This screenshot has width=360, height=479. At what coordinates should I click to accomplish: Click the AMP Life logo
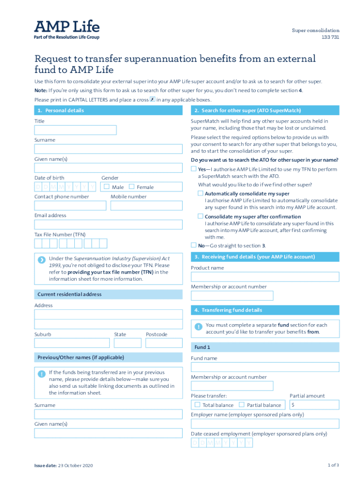[66, 29]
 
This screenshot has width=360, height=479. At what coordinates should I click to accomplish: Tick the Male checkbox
[106, 187]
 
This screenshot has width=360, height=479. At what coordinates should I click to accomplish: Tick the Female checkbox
[131, 187]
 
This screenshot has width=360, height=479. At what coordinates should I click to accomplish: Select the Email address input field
[108, 225]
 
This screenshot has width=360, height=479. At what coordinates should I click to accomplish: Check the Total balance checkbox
[197, 405]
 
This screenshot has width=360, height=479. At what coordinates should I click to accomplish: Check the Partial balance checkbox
[242, 405]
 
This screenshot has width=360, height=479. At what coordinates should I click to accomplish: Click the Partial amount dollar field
[314, 405]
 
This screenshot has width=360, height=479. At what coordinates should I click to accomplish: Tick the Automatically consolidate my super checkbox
[200, 193]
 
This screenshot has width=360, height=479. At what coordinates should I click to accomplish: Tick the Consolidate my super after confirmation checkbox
[200, 216]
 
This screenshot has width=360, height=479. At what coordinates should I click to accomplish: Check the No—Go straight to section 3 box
[194, 245]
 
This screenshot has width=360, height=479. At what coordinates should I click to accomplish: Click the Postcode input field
[164, 343]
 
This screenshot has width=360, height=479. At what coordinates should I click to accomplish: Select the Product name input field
[265, 277]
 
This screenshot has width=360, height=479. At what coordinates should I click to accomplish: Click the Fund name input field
[265, 367]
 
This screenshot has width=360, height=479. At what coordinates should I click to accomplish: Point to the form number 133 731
[330, 37]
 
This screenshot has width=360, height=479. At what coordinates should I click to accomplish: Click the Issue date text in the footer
[64, 465]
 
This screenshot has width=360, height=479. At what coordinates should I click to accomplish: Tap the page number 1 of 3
[333, 465]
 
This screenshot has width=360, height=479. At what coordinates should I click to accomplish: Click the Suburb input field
[72, 343]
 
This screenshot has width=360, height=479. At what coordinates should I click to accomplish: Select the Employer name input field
[265, 424]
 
